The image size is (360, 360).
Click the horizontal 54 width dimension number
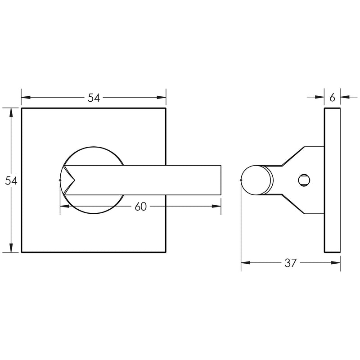click(x=94, y=98)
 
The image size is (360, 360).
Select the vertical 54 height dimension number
click(x=11, y=180)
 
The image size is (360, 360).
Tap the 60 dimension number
click(x=140, y=207)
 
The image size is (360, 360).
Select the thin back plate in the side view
click(x=332, y=180)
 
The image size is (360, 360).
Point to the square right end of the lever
click(x=220, y=180)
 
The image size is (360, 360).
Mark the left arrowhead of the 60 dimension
click(x=63, y=206)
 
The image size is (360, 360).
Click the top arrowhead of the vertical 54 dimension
click(x=11, y=112)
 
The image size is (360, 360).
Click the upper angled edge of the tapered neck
click(x=293, y=156)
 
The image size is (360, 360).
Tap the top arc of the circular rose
click(x=92, y=147)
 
